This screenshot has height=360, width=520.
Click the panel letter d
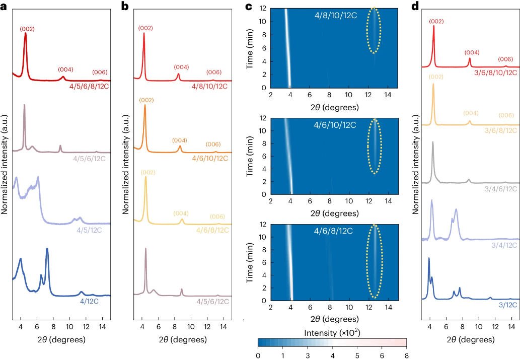(415, 7)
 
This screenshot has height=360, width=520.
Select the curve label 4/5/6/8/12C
(90, 86)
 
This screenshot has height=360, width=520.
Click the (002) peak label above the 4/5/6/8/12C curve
(27, 29)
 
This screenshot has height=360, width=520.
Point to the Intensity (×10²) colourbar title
(332, 333)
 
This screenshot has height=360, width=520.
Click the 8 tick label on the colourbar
(406, 355)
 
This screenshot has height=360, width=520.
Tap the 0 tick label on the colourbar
(258, 355)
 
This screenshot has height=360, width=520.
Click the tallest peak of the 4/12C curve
(47, 249)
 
